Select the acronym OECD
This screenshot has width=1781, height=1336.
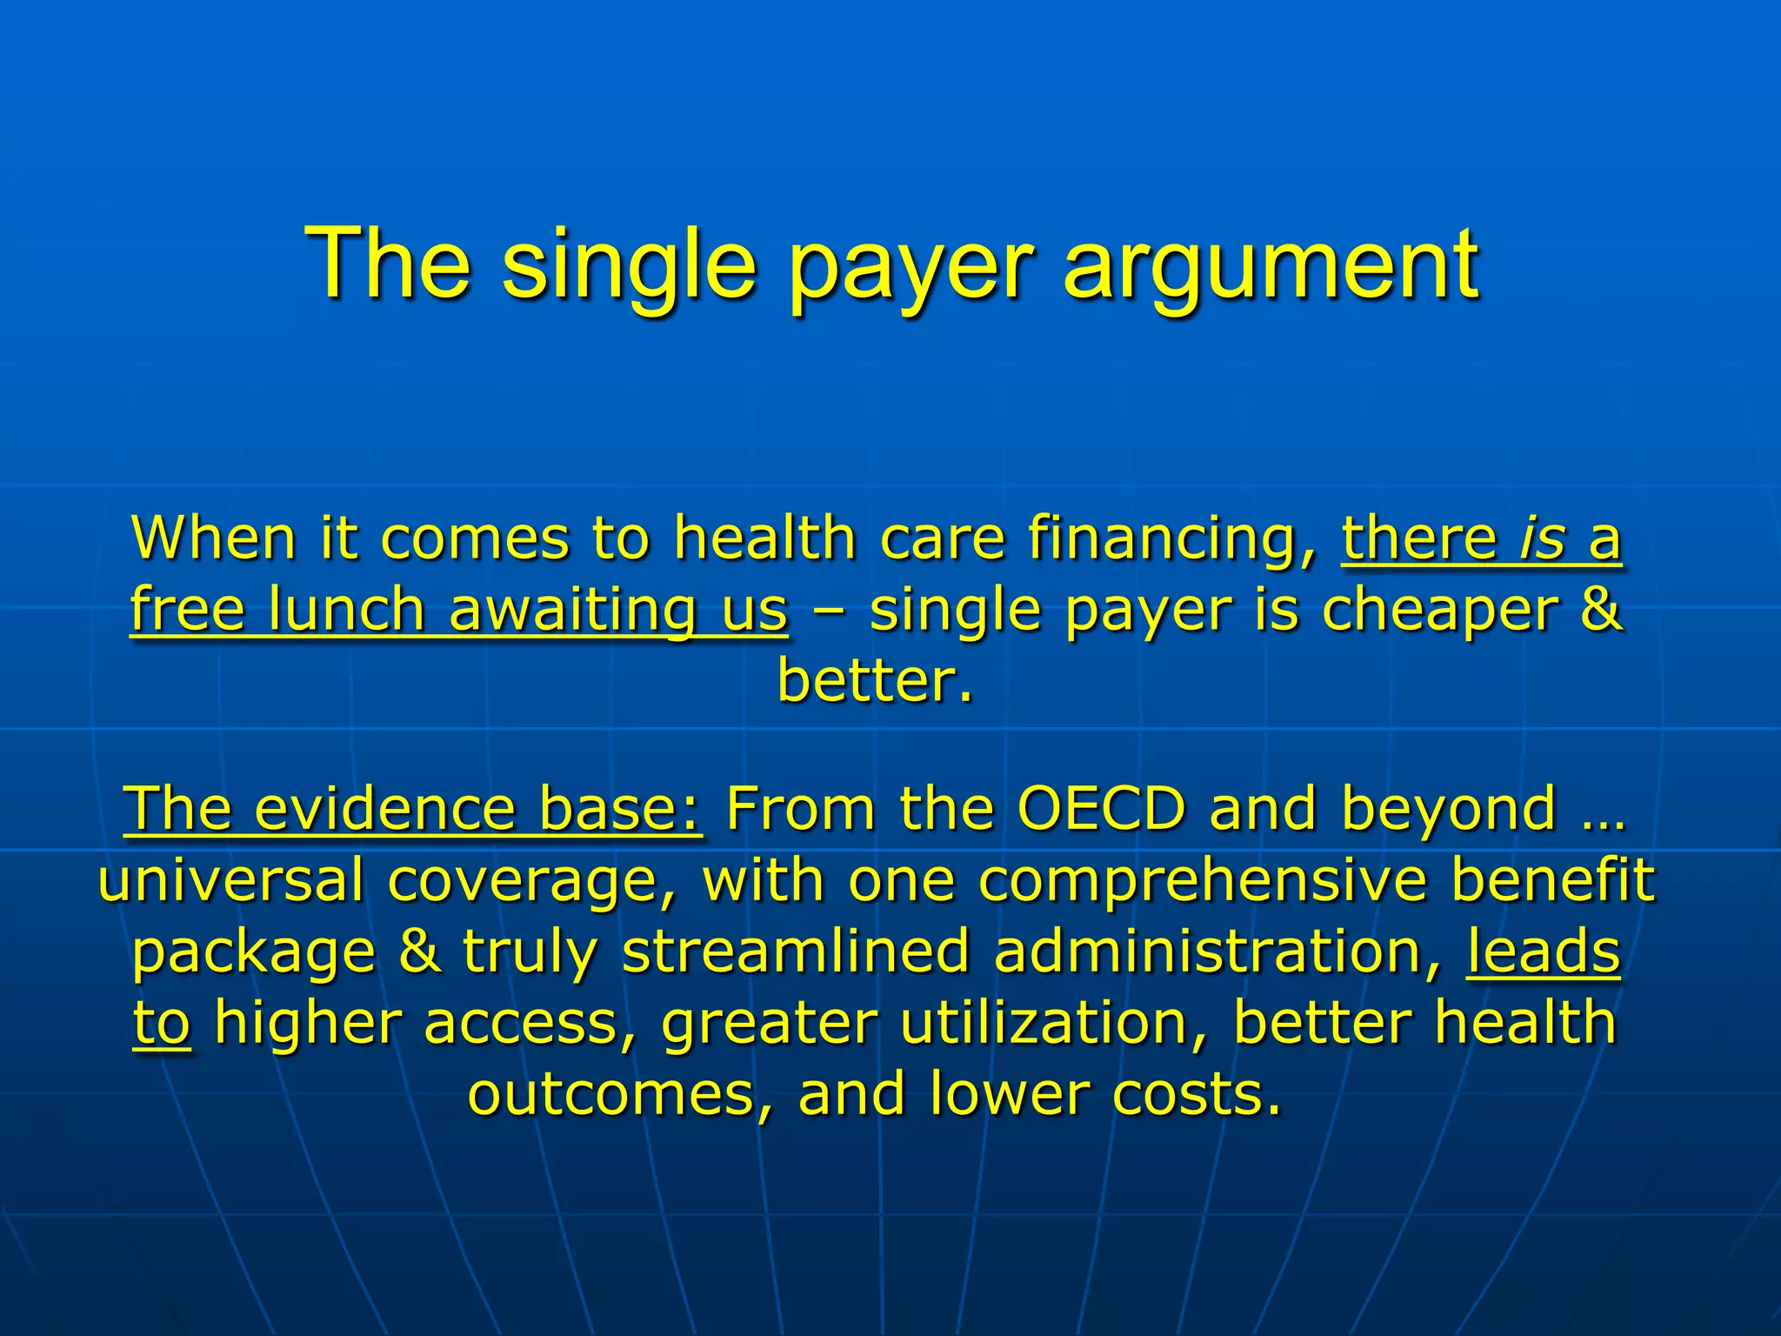(x=1101, y=809)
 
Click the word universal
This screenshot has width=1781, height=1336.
(x=230, y=880)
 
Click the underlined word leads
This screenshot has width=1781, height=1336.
(x=1543, y=952)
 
